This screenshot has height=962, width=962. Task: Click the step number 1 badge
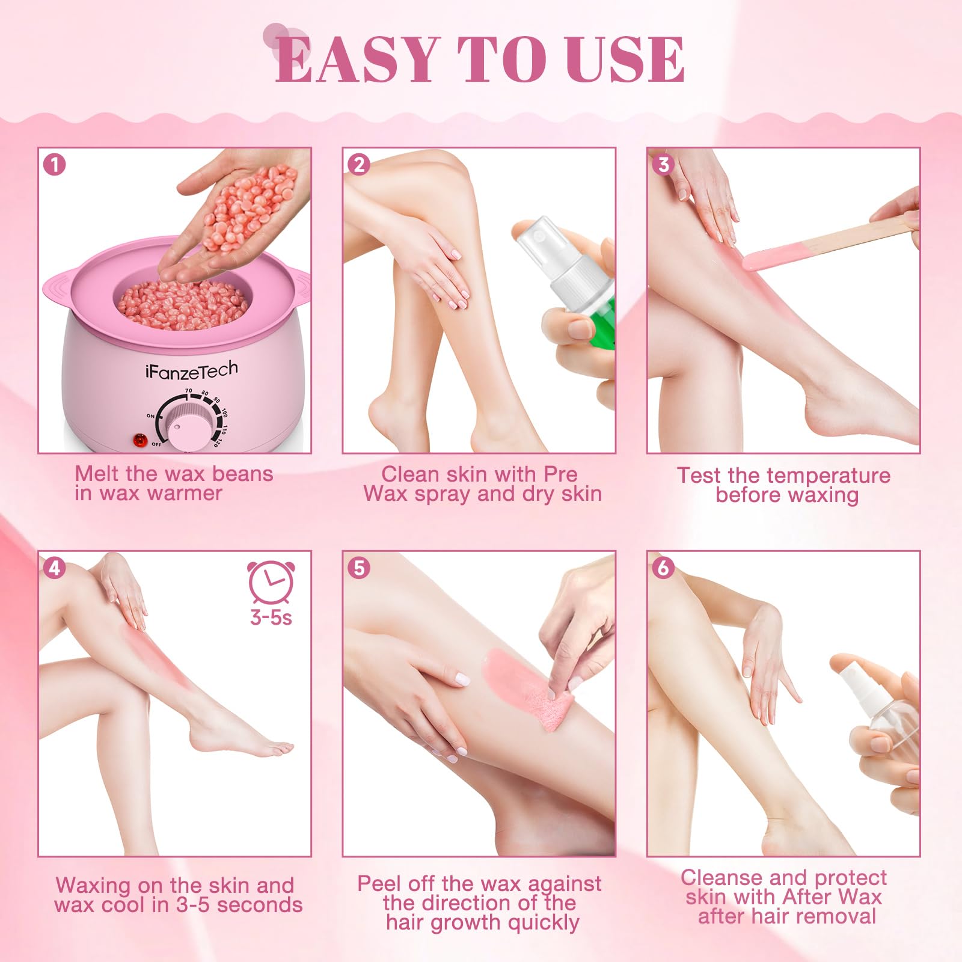tap(55, 164)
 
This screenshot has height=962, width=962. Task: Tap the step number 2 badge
tap(359, 164)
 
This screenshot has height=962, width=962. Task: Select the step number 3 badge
tap(664, 164)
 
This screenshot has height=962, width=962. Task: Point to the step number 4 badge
tap(55, 568)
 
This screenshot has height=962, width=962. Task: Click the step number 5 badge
tap(359, 568)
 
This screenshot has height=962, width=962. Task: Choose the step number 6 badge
tap(664, 568)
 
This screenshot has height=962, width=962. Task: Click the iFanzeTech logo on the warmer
tap(192, 370)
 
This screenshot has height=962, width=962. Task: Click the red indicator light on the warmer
tap(140, 441)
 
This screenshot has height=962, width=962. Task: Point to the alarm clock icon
tap(271, 582)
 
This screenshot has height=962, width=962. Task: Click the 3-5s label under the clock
tap(271, 617)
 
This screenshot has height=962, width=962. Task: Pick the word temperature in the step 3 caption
tap(821, 476)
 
